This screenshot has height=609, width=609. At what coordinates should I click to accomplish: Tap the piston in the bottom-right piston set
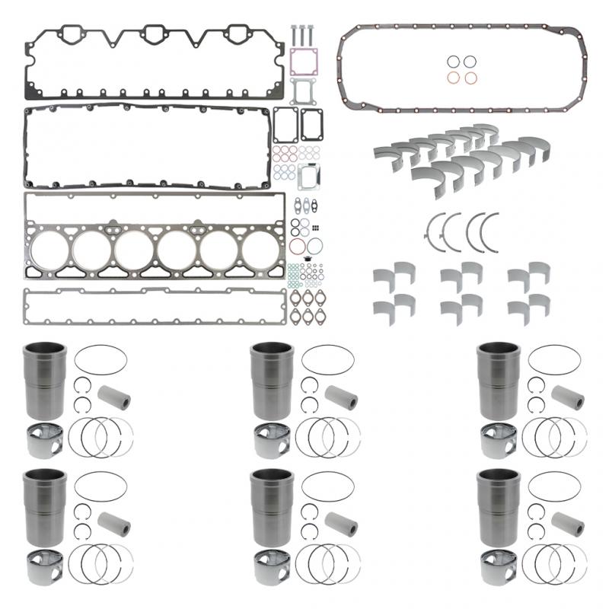point(499,568)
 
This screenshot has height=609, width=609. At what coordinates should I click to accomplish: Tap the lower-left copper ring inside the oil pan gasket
point(453,77)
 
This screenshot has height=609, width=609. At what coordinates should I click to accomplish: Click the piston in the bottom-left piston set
point(44,568)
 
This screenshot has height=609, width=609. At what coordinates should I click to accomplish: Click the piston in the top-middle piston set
point(271,440)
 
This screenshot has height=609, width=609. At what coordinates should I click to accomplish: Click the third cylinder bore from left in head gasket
point(134,248)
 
